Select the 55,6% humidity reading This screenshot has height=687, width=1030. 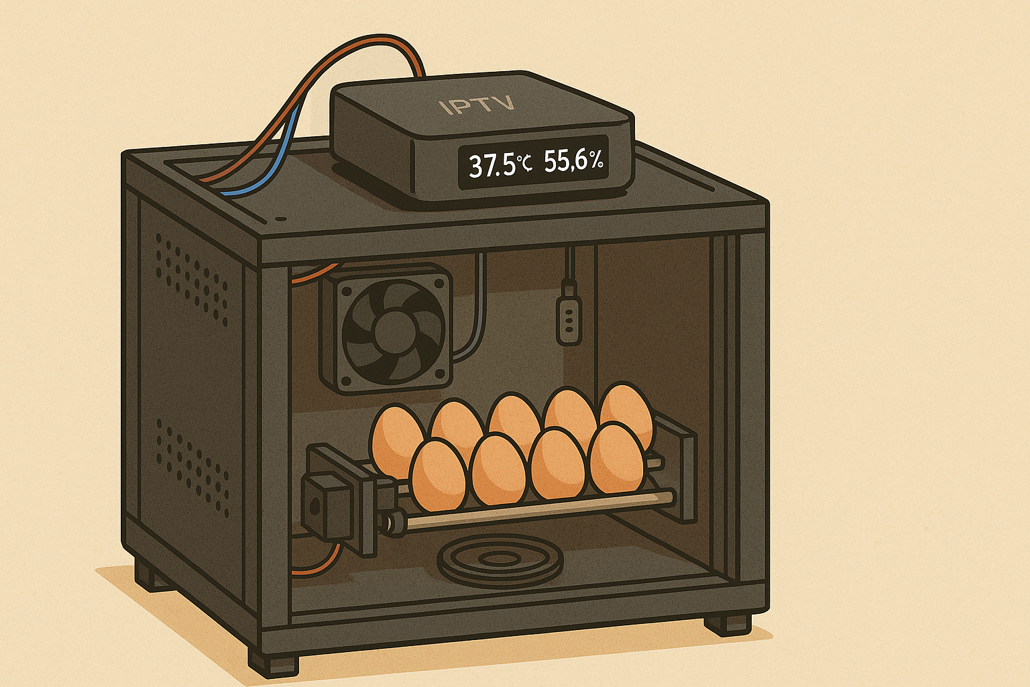pos(573,162)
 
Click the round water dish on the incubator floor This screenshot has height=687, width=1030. pos(499,560)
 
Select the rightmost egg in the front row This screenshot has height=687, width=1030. pos(616,459)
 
